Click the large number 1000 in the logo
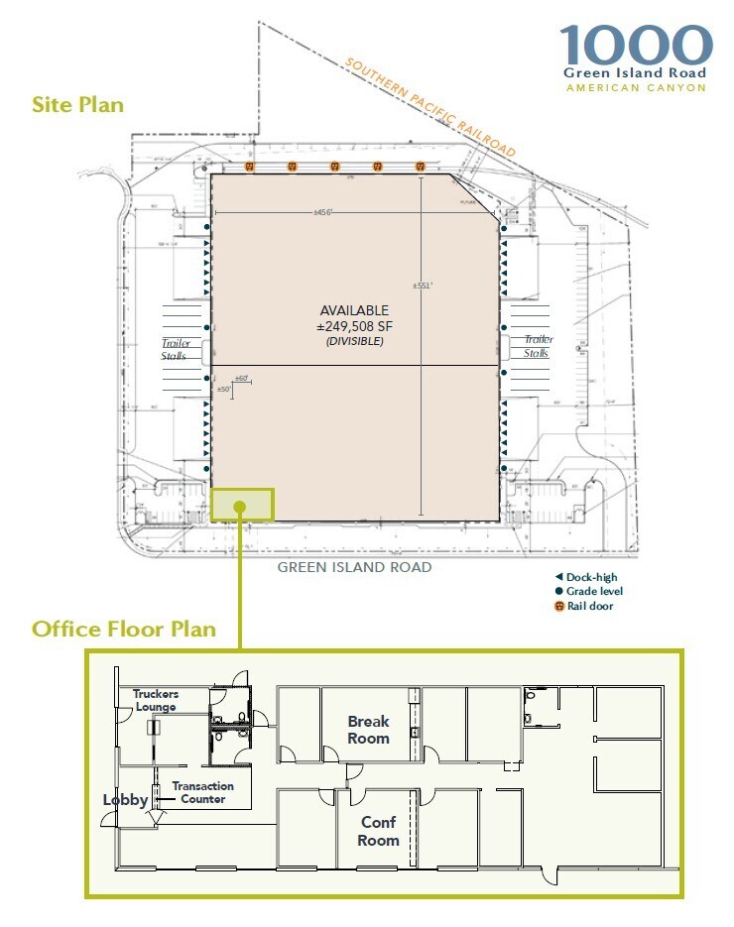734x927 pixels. pos(635,46)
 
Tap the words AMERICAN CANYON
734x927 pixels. pos(635,87)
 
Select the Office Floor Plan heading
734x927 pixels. pos(124,629)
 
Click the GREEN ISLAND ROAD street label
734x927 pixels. pos(354,567)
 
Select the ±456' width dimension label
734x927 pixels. pos(323,212)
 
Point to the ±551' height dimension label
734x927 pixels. pos(423,285)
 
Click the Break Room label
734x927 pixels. pos(368,730)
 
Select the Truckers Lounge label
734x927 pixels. pos(156,700)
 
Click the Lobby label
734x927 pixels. pos(125,799)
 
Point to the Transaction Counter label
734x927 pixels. pos(202,792)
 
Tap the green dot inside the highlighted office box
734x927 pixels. pos(240,507)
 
